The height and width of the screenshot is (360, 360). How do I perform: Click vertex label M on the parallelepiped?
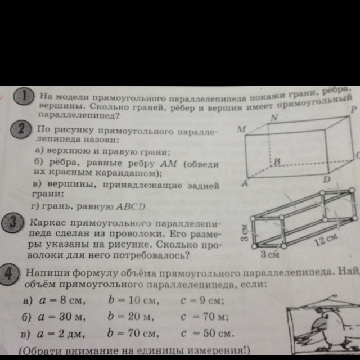point(241,130)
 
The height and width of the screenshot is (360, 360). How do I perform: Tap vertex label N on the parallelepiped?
point(274,118)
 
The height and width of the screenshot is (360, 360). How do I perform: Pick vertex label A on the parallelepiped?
point(245,183)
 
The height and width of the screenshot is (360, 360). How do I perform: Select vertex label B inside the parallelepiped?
point(276,161)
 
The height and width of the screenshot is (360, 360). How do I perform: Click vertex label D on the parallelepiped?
point(327,179)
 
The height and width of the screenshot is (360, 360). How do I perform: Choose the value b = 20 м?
point(130,317)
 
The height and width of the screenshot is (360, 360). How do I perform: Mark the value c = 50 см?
point(206,334)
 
